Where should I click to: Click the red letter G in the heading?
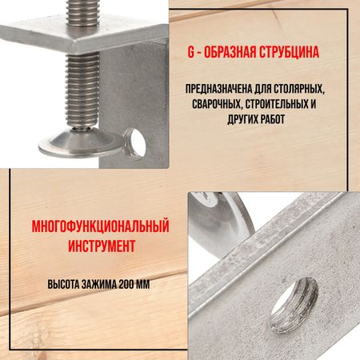[191, 52]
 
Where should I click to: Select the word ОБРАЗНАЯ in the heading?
[230, 52]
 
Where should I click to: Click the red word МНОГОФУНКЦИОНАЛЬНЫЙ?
[101, 226]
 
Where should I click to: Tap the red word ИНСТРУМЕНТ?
[102, 246]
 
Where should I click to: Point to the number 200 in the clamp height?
[126, 284]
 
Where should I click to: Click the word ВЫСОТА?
[63, 284]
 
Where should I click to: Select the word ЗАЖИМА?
[99, 284]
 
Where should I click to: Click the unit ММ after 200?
[143, 284]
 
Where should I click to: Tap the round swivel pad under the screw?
[80, 143]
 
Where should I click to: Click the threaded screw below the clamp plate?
[82, 90]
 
